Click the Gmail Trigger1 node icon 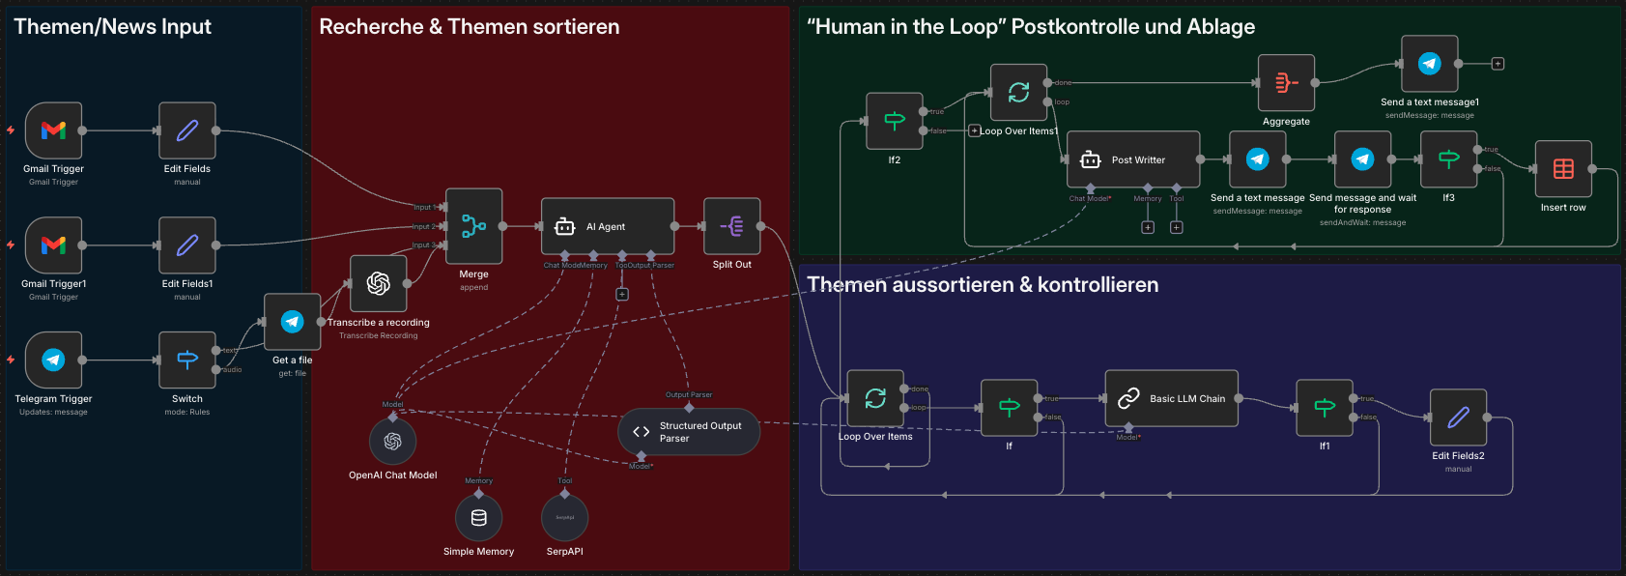tap(53, 245)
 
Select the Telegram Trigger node tap(53, 360)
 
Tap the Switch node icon tap(187, 360)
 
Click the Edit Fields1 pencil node tap(187, 245)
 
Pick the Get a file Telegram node tap(292, 322)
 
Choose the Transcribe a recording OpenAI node tap(378, 283)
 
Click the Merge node tap(473, 226)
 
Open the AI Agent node tap(607, 226)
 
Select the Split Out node tap(731, 226)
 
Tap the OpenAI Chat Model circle tap(392, 442)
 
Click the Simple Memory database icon tap(478, 518)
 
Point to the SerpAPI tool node tap(564, 518)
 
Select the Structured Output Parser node tap(689, 432)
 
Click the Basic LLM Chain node tap(1171, 398)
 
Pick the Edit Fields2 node tap(1458, 418)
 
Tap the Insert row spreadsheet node tap(1563, 169)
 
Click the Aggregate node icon tap(1286, 83)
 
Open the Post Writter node tap(1132, 159)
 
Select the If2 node tap(894, 121)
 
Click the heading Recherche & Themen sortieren tap(470, 27)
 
